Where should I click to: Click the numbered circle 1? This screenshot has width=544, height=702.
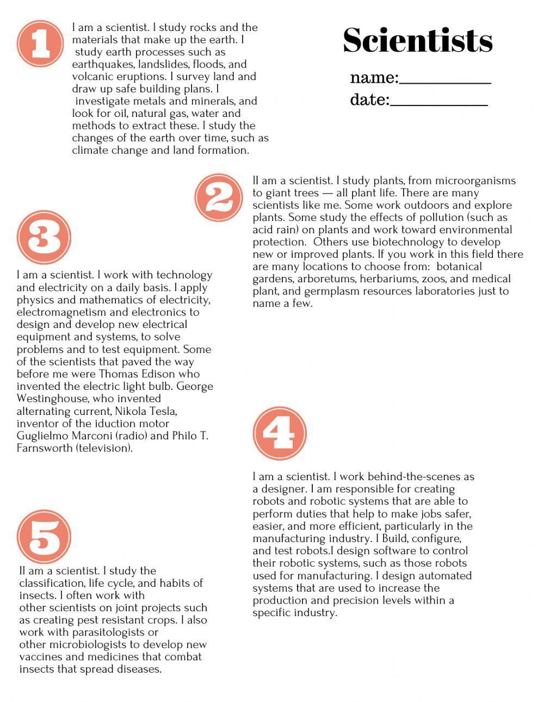pyautogui.click(x=41, y=44)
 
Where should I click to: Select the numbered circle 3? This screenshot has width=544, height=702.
pyautogui.click(x=44, y=237)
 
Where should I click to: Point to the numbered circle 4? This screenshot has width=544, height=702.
pyautogui.click(x=280, y=433)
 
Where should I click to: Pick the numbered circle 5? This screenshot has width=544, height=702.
pyautogui.click(x=44, y=537)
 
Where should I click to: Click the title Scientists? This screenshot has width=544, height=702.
pyautogui.click(x=418, y=40)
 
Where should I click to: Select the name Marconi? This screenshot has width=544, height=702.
pyautogui.click(x=86, y=436)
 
